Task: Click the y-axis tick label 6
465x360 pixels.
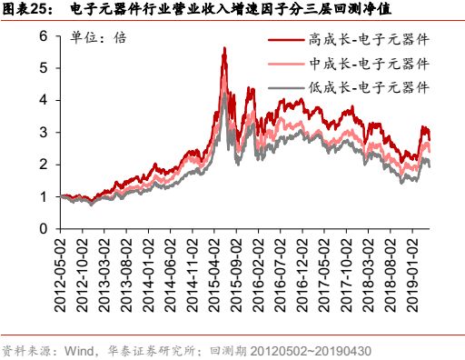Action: tap(43, 36)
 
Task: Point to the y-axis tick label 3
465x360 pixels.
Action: tap(43, 133)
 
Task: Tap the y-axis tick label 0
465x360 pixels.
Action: tap(43, 229)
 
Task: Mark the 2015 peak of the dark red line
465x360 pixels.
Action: tap(223, 48)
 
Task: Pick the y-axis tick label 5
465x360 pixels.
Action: tap(43, 69)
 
